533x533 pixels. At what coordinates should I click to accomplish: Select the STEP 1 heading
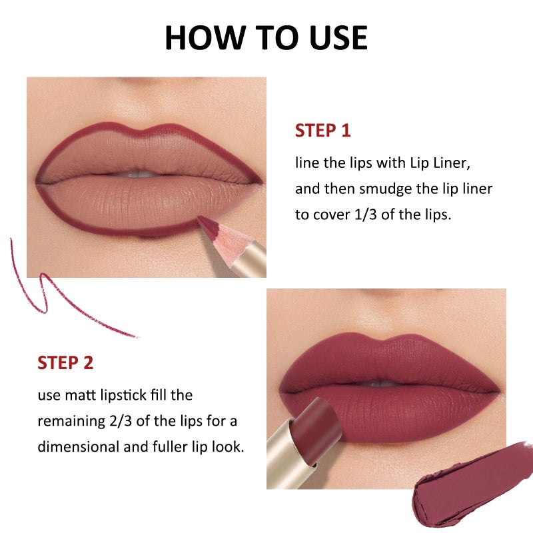pos(322,131)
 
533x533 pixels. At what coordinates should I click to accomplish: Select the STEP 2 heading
pos(65,363)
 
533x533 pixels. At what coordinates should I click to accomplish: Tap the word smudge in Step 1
pos(386,189)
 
